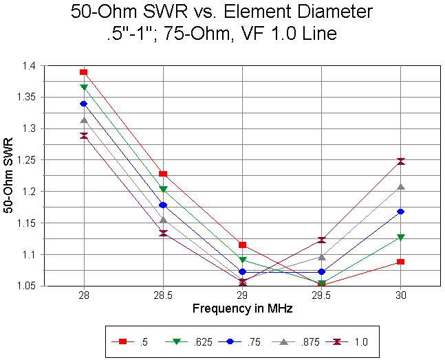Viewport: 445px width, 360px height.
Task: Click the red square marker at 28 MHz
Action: tap(84, 72)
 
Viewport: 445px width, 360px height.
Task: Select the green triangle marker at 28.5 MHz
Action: tap(163, 189)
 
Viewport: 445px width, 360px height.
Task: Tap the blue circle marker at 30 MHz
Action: tap(401, 212)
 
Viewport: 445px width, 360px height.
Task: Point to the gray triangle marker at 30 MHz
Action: tap(401, 187)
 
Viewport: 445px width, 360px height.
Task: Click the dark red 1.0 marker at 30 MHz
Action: tap(401, 161)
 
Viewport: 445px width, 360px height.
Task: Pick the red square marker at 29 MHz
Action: tap(242, 245)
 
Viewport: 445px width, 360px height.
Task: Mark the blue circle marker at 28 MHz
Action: tap(84, 104)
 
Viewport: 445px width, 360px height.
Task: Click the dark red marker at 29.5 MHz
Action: tap(322, 240)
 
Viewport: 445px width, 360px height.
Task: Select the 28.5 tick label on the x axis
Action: tap(163, 295)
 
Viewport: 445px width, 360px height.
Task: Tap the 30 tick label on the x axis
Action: tap(401, 295)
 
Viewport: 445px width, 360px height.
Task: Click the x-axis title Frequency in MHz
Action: tap(242, 309)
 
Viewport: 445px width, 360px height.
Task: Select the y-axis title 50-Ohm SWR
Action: tap(10, 176)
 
